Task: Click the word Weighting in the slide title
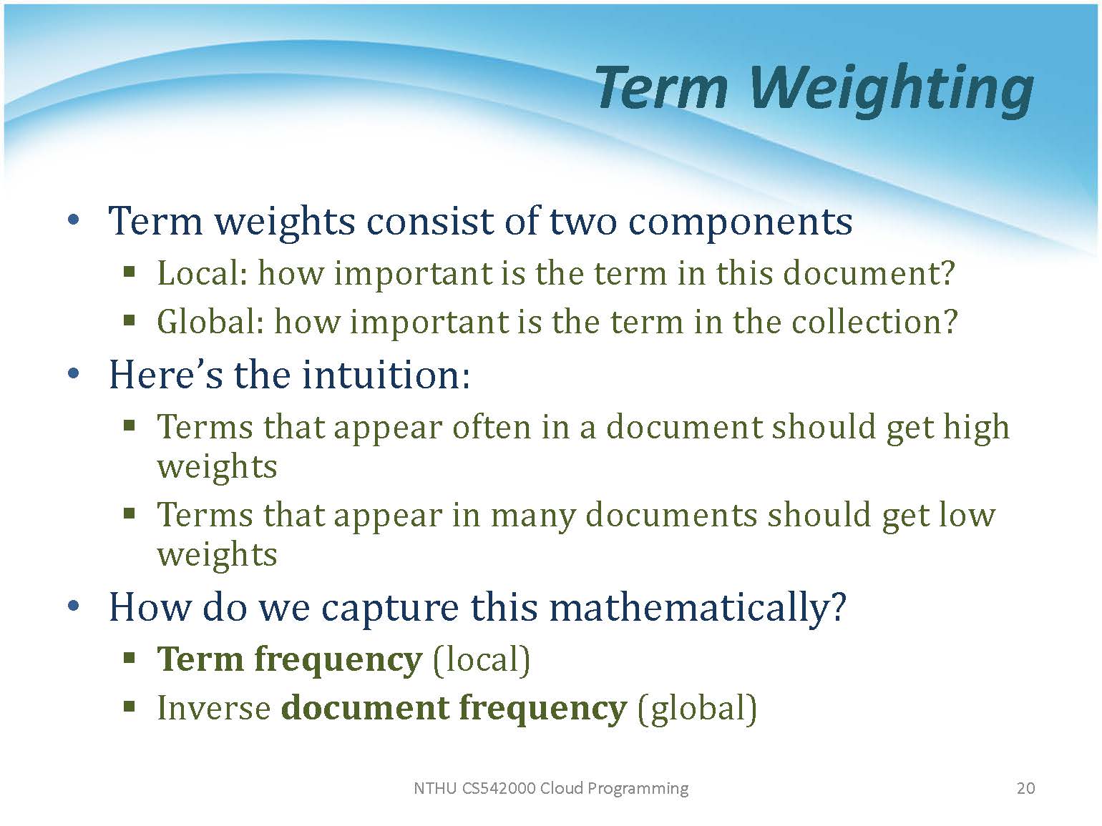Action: click(891, 89)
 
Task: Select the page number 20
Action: click(1025, 788)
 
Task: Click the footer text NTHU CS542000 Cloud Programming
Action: click(551, 789)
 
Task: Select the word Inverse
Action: click(215, 707)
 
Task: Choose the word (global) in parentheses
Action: click(697, 709)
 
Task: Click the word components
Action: click(740, 222)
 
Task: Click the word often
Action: click(492, 427)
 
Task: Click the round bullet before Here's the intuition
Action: click(73, 373)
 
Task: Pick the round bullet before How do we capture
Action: click(73, 606)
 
